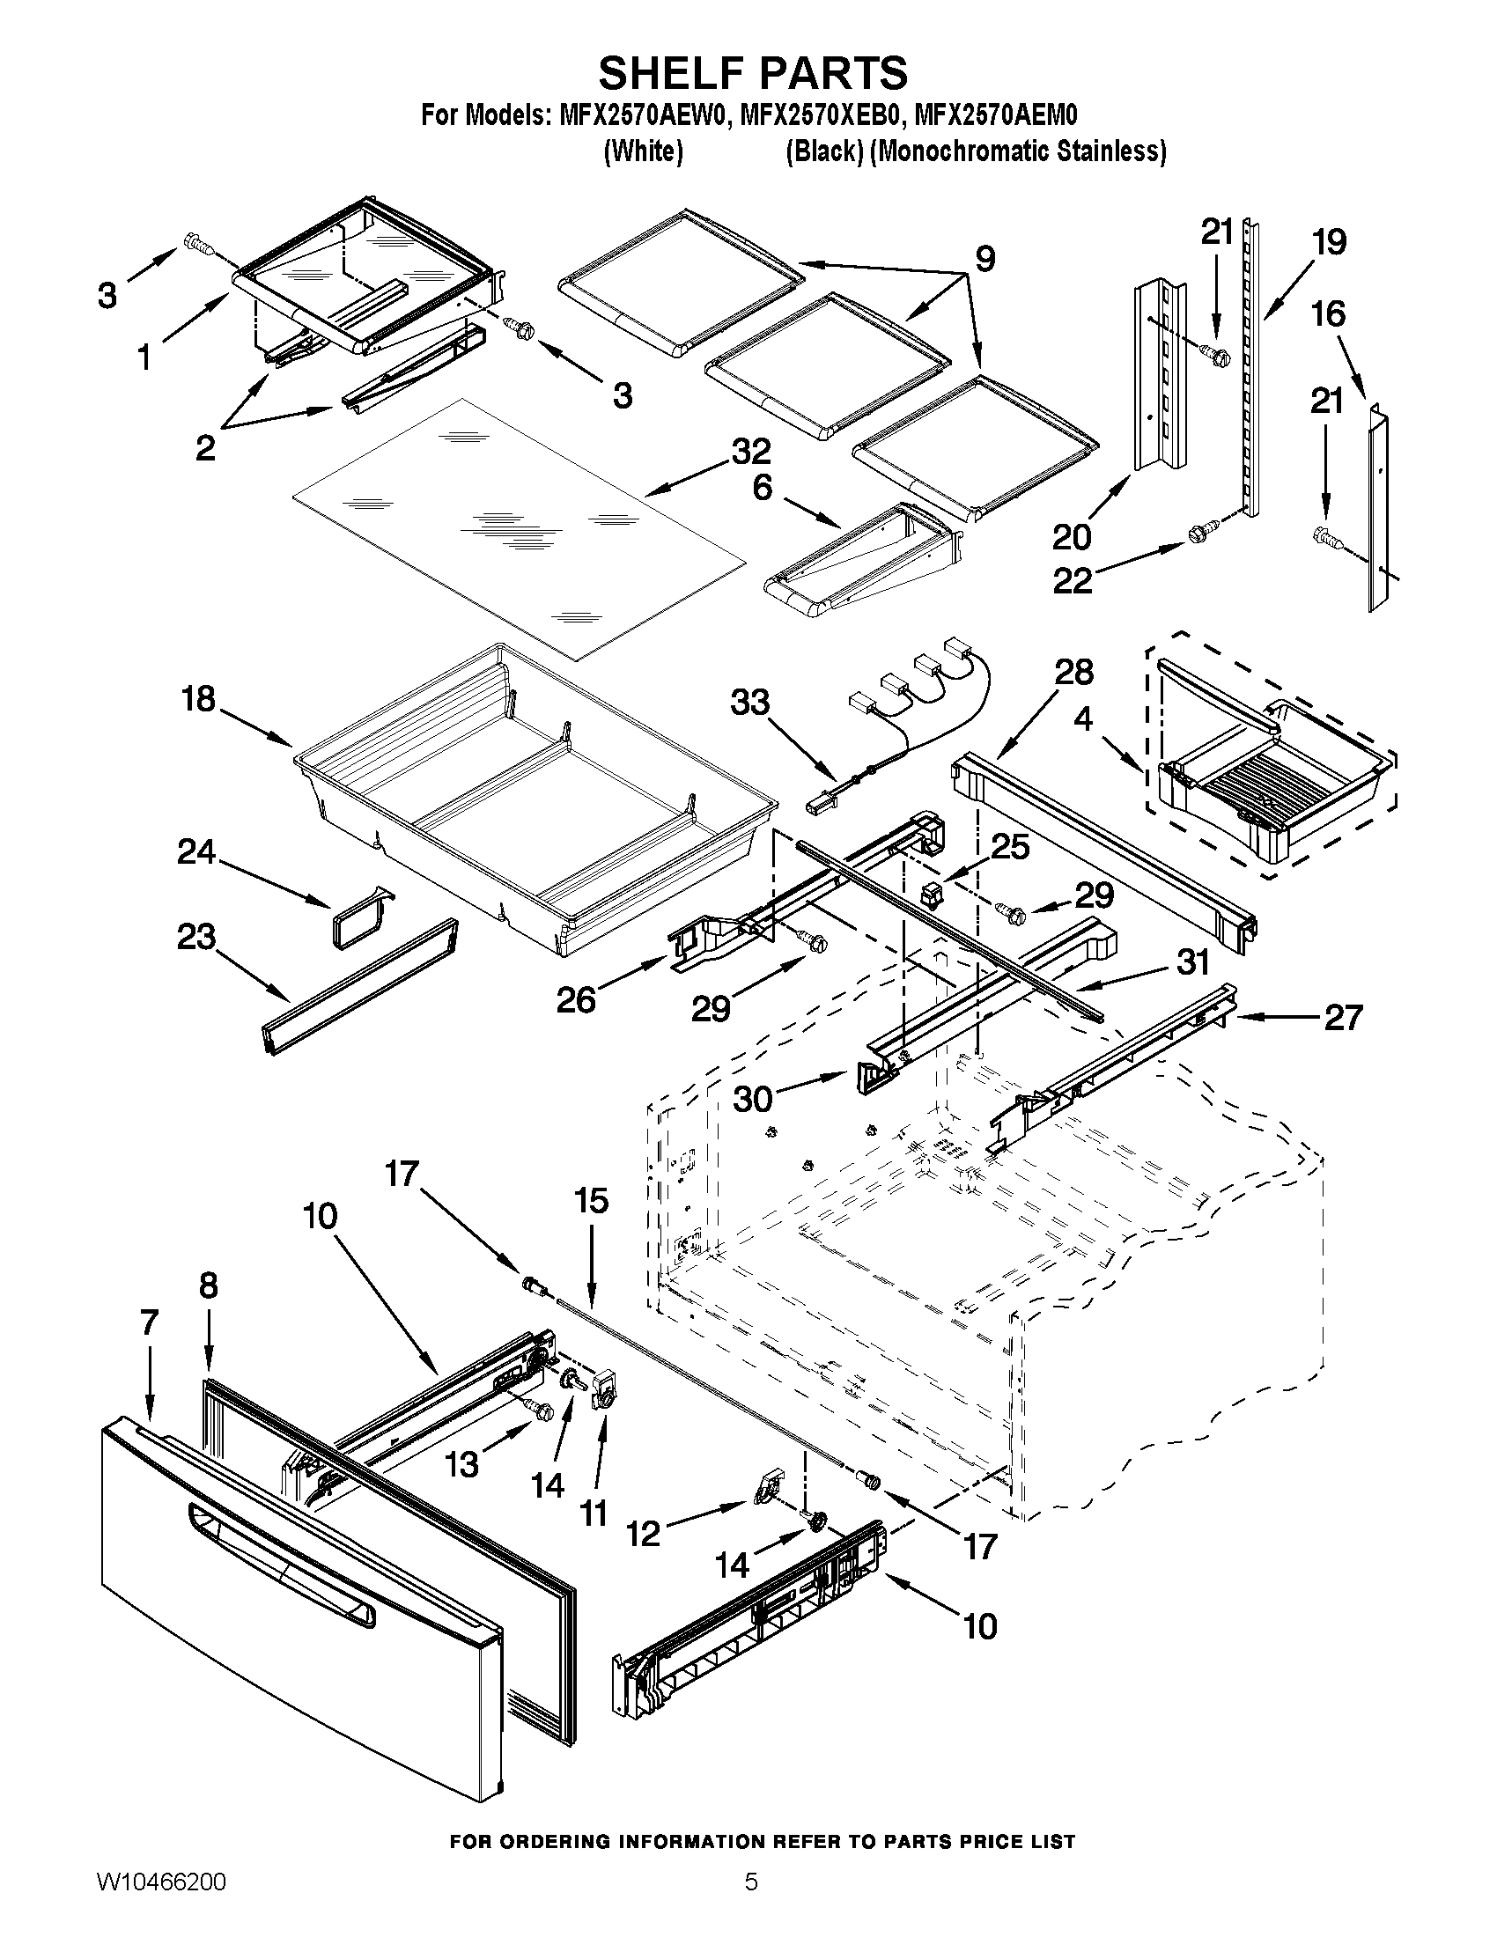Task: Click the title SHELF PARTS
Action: [753, 73]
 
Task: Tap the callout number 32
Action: [750, 452]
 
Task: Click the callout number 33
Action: [749, 703]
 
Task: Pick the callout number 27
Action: [1342, 1017]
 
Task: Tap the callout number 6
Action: [763, 487]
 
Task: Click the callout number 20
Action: [1073, 536]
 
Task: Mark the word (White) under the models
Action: [643, 152]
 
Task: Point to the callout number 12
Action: [643, 1533]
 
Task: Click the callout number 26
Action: [576, 1000]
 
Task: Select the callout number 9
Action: [984, 258]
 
